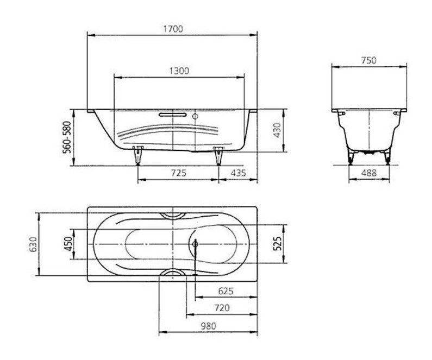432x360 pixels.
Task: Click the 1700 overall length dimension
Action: click(173, 29)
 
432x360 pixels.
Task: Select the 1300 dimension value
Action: click(179, 71)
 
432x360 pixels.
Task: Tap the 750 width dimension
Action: click(368, 60)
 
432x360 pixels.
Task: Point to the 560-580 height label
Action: click(67, 137)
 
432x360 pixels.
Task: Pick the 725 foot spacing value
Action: click(179, 173)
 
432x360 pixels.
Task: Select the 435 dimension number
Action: click(238, 173)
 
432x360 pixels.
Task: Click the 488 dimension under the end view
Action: click(368, 173)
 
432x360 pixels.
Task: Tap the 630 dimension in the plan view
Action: click(33, 244)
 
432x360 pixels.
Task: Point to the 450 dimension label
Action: click(68, 244)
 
